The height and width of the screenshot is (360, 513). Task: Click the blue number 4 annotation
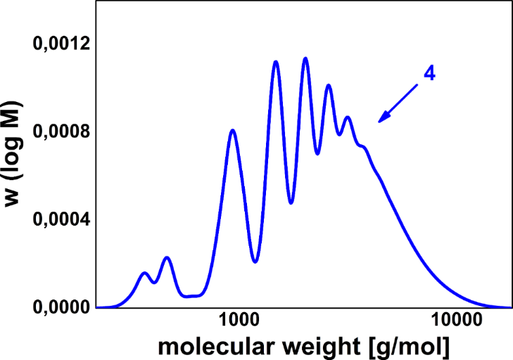click(429, 73)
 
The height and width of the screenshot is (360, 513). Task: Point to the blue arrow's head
click(380, 121)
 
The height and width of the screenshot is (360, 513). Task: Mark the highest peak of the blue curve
click(305, 58)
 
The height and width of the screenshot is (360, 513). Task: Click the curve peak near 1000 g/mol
click(232, 130)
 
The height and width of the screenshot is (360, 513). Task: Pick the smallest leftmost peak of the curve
click(144, 273)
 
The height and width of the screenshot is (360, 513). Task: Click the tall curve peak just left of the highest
click(276, 62)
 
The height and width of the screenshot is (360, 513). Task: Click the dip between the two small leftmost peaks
click(154, 283)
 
